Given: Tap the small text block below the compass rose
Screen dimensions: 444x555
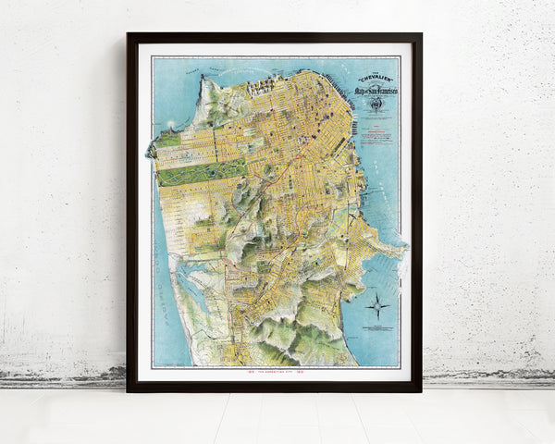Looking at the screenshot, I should [376, 330].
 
